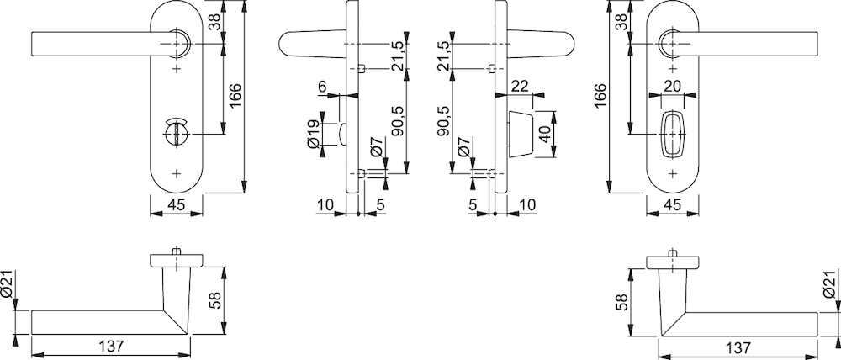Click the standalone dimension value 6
(322, 86)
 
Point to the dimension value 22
(520, 87)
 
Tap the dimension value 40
(546, 134)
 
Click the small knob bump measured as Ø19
(342, 134)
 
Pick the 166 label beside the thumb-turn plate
(235, 96)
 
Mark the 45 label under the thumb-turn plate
(177, 204)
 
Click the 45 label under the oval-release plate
(673, 204)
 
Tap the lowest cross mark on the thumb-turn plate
(177, 173)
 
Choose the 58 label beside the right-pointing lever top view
(622, 301)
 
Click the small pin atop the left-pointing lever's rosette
(177, 251)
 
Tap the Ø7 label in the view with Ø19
(376, 146)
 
